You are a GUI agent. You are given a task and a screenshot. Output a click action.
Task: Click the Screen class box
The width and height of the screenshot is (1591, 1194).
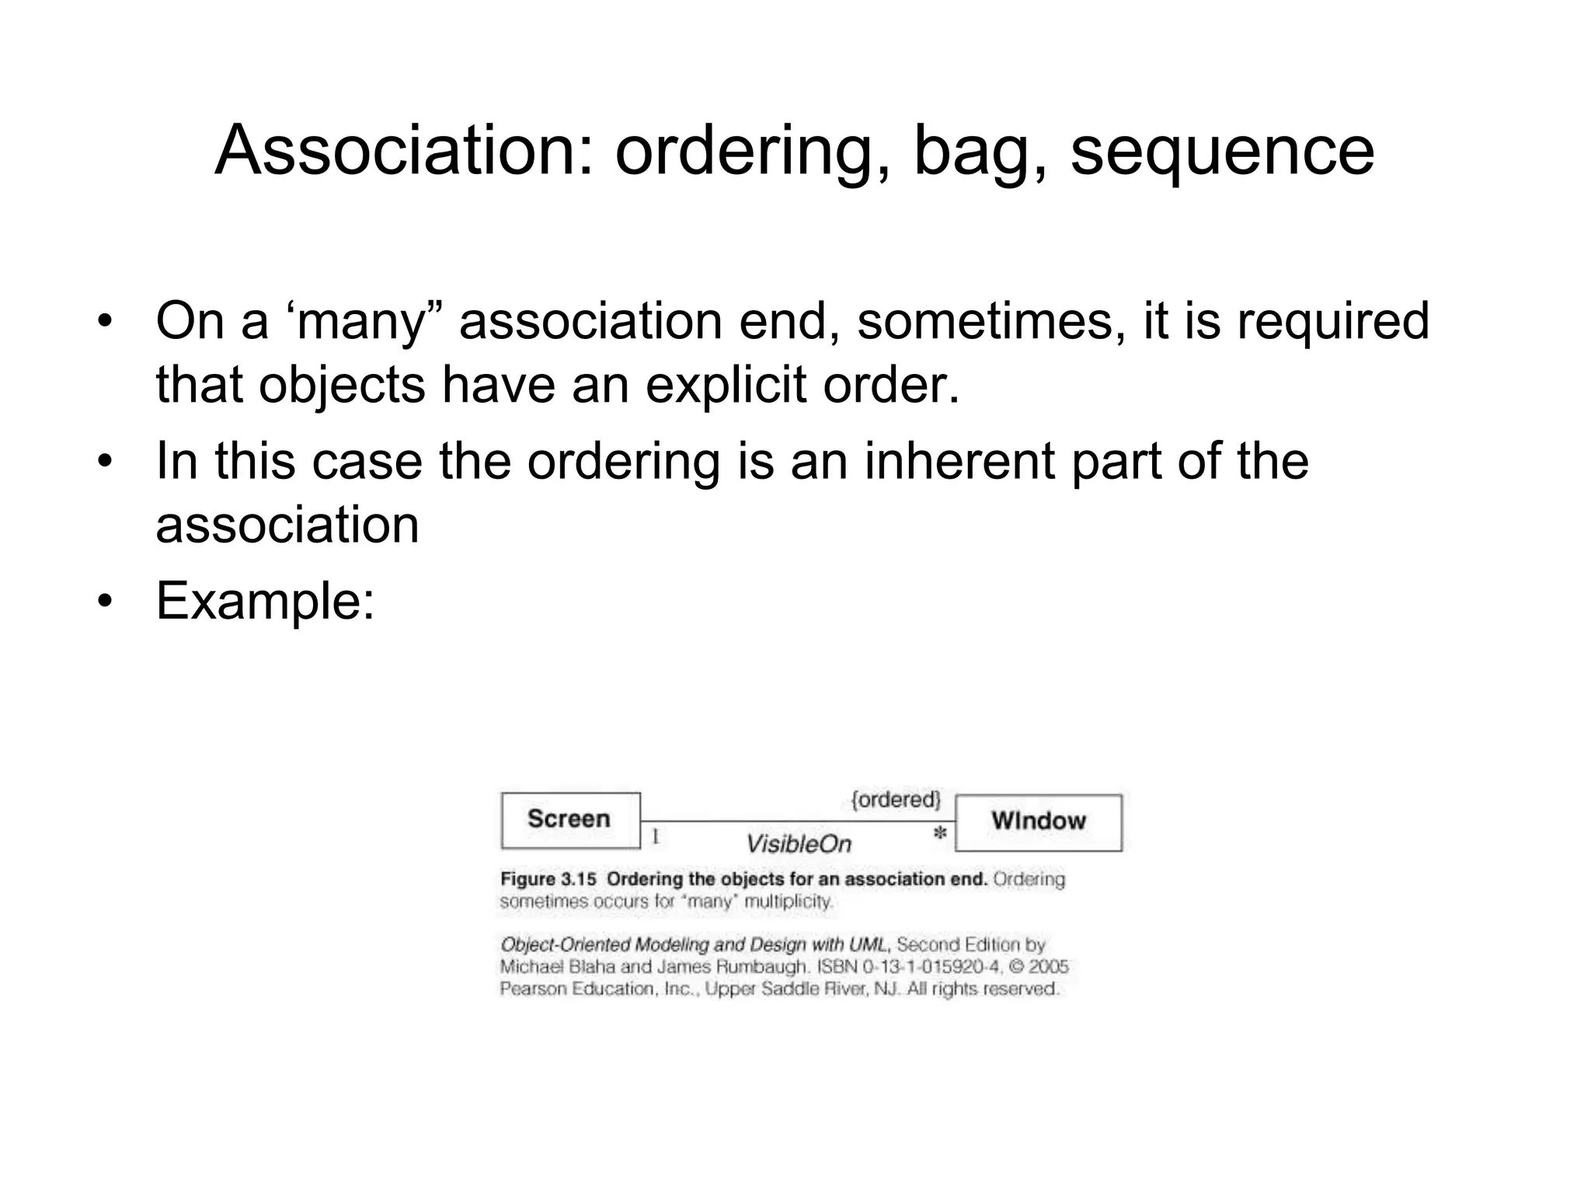click(x=570, y=820)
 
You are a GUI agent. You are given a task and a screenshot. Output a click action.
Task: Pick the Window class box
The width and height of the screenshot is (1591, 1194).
click(x=1039, y=822)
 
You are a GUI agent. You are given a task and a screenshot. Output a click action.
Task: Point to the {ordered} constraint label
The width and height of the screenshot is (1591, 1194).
click(x=896, y=800)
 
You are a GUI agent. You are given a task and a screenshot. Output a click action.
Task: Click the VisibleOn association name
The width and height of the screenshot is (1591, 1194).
click(x=798, y=844)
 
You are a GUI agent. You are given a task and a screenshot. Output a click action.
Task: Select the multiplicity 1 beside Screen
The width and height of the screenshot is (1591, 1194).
click(x=655, y=836)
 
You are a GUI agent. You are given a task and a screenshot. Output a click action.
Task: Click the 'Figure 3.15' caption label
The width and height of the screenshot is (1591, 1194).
click(x=548, y=879)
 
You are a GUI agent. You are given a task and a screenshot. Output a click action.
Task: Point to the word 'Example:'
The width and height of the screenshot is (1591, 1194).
click(x=266, y=601)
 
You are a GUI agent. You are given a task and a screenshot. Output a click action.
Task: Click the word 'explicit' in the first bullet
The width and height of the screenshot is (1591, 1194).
click(x=726, y=385)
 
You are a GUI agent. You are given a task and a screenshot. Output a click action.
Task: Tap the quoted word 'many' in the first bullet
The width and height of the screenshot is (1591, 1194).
click(x=360, y=321)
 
